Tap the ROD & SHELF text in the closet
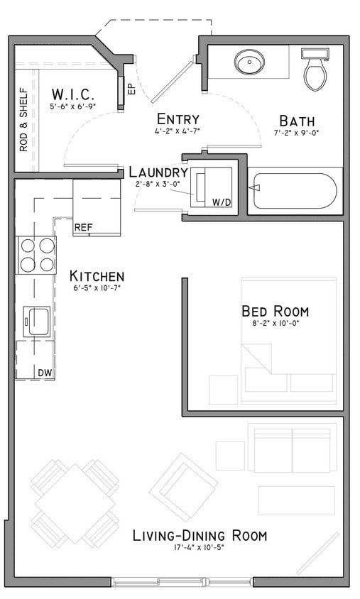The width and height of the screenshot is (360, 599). (x=23, y=119)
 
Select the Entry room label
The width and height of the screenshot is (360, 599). (x=178, y=119)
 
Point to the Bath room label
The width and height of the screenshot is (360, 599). (x=296, y=121)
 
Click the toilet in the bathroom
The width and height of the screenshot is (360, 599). (x=315, y=69)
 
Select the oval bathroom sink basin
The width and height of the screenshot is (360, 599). (x=249, y=62)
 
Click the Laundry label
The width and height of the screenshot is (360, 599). (x=158, y=172)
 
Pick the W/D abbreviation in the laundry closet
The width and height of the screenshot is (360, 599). (x=222, y=202)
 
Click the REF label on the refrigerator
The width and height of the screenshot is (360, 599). (x=84, y=228)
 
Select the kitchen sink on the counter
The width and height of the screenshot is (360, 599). (x=36, y=321)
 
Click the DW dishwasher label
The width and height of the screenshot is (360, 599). (x=44, y=372)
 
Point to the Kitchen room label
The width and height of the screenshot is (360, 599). (x=97, y=276)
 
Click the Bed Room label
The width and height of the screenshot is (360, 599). (x=275, y=311)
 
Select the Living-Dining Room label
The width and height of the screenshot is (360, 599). (x=200, y=535)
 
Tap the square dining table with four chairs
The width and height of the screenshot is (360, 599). (x=75, y=502)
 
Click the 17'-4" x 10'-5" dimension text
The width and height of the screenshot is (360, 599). (x=200, y=548)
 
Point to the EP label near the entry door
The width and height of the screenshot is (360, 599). (x=131, y=89)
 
